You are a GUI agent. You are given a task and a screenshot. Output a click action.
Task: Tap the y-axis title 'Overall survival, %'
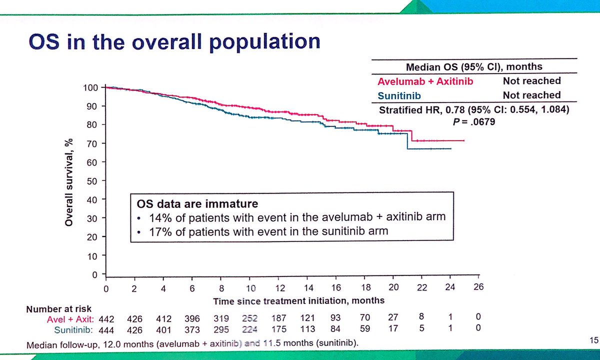69,182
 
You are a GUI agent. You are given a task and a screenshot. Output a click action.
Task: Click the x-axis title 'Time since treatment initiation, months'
299,300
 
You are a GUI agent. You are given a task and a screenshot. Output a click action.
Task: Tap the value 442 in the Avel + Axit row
106,318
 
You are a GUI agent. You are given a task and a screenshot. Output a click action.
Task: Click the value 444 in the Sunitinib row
106,329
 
